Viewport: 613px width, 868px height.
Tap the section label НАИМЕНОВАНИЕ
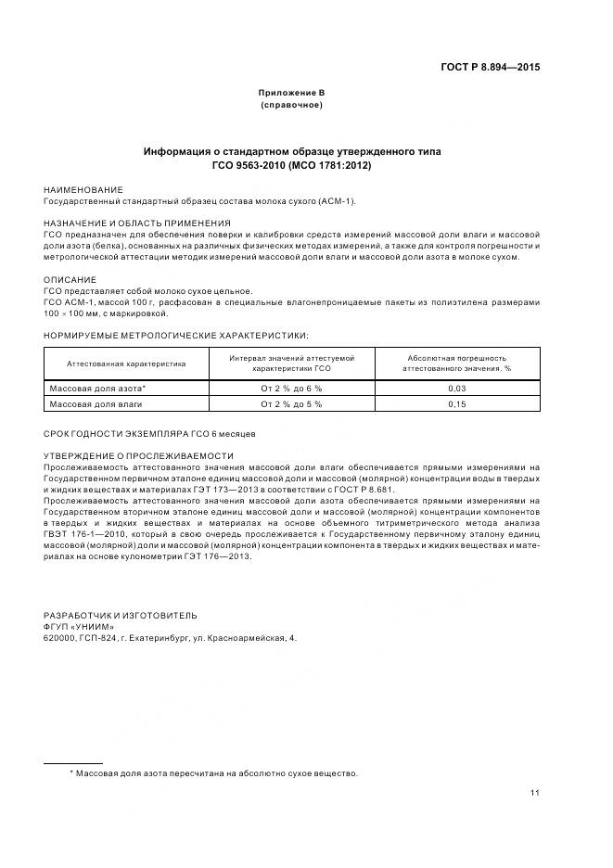(83, 189)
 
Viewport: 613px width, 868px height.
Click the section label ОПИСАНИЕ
(70, 279)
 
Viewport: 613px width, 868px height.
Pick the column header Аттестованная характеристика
(126, 364)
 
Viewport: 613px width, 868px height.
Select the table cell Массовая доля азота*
(97, 389)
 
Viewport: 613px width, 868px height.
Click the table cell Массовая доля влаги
(96, 404)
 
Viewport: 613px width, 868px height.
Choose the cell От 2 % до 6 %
(291, 389)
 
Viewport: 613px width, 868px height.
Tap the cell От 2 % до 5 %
(291, 404)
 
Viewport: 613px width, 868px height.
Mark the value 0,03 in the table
(456, 389)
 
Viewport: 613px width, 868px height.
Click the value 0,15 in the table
(456, 404)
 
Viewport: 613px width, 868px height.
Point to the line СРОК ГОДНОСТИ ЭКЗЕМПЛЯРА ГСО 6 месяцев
(149, 434)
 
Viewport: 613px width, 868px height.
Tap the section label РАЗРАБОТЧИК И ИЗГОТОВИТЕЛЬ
(121, 616)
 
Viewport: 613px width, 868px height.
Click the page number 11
(535, 793)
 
